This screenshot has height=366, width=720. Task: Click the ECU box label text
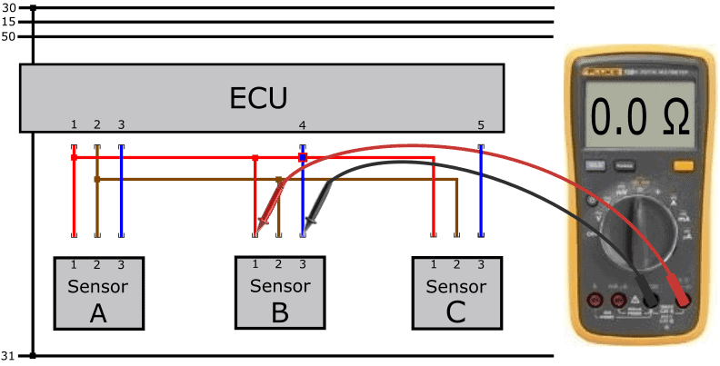tap(262, 97)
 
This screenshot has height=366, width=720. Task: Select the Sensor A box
tap(98, 293)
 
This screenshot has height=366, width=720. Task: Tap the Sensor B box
tap(279, 293)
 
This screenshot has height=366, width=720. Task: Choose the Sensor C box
tap(456, 293)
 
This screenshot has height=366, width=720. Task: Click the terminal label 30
tap(10, 8)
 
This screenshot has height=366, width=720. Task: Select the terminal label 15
tap(10, 22)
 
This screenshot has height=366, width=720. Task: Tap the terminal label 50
tap(10, 36)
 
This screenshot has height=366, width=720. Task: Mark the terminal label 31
tap(10, 355)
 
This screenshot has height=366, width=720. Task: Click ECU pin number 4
tap(303, 124)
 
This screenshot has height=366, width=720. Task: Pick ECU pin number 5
tap(481, 124)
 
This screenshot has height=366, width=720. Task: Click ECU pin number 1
tap(74, 124)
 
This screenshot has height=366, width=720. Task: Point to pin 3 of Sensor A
tap(121, 264)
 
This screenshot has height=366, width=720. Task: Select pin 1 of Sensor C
tap(434, 264)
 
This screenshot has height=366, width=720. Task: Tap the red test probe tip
tap(258, 231)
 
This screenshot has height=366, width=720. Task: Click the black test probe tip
tap(305, 231)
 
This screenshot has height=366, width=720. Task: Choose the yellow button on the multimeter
tap(681, 166)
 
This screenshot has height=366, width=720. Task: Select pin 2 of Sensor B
tap(279, 264)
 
